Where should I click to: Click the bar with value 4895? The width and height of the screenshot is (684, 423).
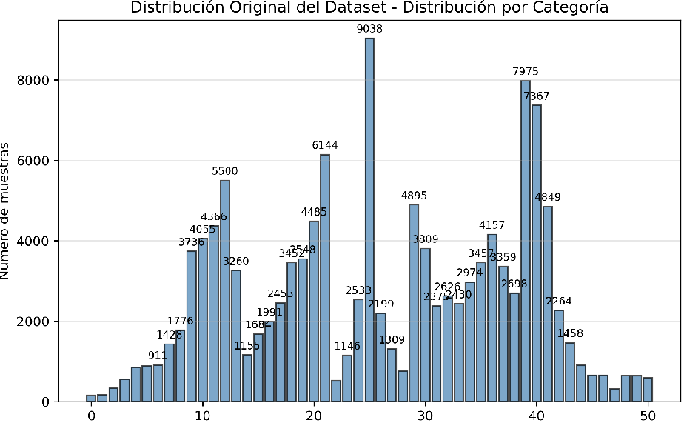pos(414,303)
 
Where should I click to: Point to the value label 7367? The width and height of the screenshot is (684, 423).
pos(537,96)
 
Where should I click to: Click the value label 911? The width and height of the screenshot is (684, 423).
pos(158,356)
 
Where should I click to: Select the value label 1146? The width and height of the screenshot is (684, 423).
pos(346,346)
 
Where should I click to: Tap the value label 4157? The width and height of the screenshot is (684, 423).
pos(492,224)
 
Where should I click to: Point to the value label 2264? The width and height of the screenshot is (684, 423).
pos(559,301)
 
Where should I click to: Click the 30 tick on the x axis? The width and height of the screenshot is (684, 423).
pos(425,416)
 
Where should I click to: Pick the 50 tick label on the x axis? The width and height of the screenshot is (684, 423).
pos(648,416)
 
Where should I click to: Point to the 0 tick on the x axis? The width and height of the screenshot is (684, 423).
pos(91,416)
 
